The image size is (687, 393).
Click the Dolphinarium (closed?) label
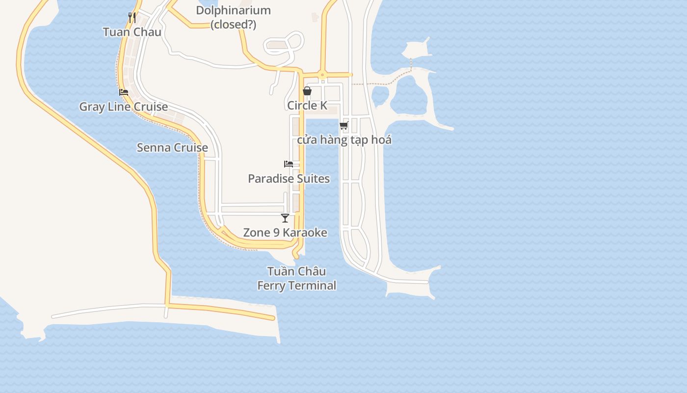(x=233, y=17)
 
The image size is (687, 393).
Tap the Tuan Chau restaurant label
(x=132, y=32)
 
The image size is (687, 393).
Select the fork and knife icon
(x=132, y=18)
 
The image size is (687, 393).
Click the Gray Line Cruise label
(x=124, y=107)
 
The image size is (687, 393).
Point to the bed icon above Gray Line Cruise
(x=124, y=92)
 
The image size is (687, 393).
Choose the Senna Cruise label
(x=172, y=147)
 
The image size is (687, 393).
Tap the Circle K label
(x=307, y=106)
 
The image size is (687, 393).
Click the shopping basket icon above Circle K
(x=307, y=91)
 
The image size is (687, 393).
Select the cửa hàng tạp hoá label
(x=344, y=140)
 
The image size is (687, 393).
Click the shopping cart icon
(x=344, y=126)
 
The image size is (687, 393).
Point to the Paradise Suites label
(x=289, y=179)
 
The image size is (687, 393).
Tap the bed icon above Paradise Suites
(x=289, y=164)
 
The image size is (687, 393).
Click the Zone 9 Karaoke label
(x=285, y=232)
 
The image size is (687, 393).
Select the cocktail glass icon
(x=285, y=218)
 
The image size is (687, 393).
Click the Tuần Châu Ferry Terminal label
(x=297, y=279)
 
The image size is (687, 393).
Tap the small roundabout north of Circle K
(x=322, y=75)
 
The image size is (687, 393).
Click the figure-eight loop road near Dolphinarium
(x=285, y=44)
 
